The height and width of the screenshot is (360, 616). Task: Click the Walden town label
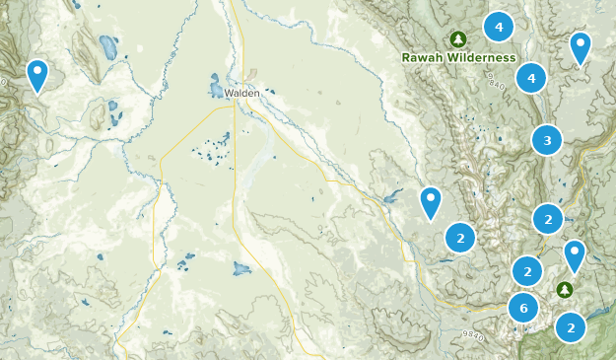pos(242,93)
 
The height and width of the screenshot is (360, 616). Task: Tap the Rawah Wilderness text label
pos(458,57)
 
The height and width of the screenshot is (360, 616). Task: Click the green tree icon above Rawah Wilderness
pos(457,38)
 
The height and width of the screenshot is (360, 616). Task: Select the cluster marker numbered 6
pos(524,309)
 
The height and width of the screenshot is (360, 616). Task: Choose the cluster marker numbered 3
pos(547,141)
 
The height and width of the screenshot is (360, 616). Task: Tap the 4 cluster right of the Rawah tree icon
pos(499,27)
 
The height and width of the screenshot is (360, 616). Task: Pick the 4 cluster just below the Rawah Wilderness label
pos(531,77)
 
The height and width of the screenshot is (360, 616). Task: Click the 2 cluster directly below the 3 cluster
pos(548,217)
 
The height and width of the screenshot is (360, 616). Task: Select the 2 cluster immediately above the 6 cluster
pos(528,269)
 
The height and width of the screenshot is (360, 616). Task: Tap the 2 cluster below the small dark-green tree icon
pos(571,326)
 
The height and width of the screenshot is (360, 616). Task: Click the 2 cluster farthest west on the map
pos(459,238)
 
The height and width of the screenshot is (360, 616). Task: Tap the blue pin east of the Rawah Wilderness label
pos(581,45)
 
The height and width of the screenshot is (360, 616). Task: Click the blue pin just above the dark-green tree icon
pos(574,254)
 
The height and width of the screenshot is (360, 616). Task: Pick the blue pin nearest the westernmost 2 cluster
pos(430,201)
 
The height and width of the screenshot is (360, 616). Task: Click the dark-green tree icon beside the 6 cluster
pos(564,290)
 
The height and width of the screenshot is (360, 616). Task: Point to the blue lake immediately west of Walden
pos(215,87)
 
